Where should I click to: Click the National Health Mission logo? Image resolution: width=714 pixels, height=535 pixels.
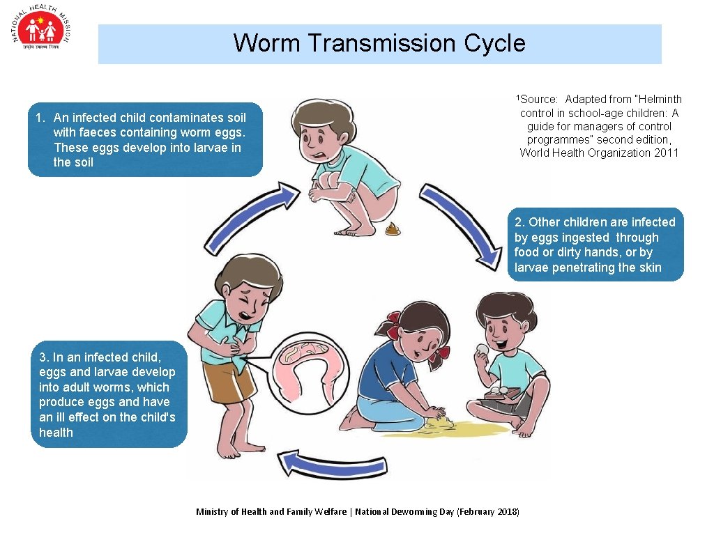[x=42, y=32]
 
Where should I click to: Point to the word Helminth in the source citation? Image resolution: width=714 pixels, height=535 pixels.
[x=658, y=100]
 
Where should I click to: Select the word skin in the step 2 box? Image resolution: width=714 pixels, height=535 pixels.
[x=649, y=267]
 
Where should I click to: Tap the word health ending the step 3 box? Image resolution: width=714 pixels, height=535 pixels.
[x=56, y=433]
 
